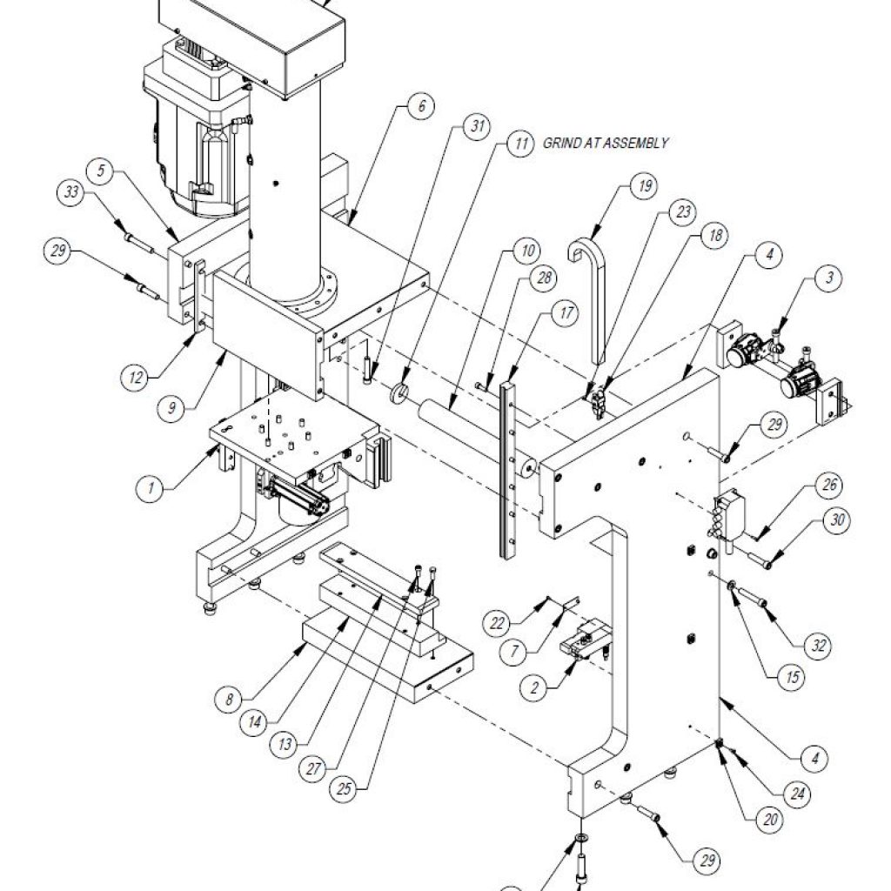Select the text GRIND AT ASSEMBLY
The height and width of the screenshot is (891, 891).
[606, 143]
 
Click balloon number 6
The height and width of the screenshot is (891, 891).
[419, 107]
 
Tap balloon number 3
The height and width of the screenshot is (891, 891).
[828, 279]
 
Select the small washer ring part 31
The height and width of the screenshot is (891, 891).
[400, 392]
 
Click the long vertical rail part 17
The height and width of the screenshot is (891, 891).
[509, 470]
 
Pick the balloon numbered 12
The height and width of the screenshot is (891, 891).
[134, 378]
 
